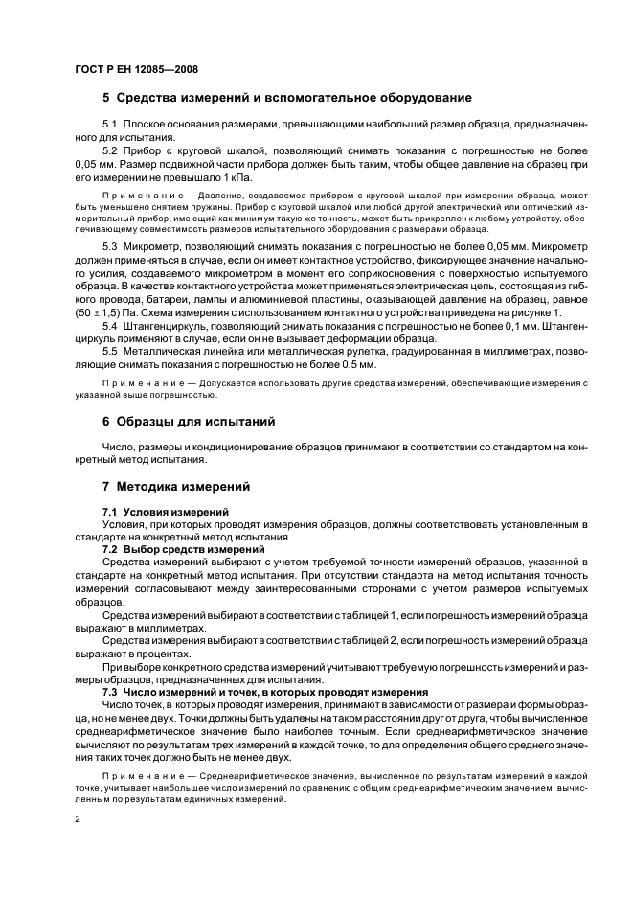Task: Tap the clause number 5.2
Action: tap(109, 151)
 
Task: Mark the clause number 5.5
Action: tap(109, 352)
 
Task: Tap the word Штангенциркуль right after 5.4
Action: tap(161, 326)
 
